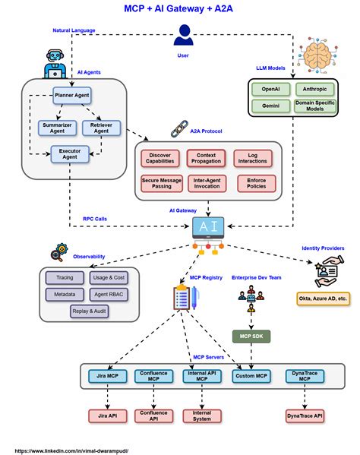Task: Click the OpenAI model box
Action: tap(270, 88)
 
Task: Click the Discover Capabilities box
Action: tap(160, 159)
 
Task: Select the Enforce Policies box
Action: tap(252, 183)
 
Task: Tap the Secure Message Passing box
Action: tap(160, 183)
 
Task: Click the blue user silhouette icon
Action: tap(182, 35)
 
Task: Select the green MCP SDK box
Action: tap(251, 336)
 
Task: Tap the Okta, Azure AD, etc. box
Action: tap(323, 299)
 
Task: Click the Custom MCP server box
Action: tap(251, 375)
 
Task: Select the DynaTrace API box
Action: tap(305, 416)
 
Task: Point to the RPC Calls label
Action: tap(95, 219)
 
